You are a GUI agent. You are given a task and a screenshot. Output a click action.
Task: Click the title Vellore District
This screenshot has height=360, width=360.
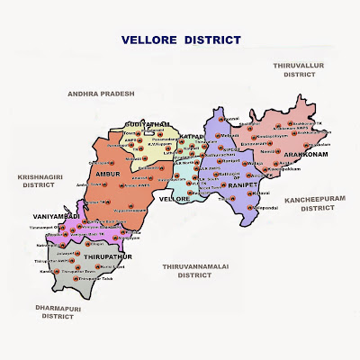tap(181, 40)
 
